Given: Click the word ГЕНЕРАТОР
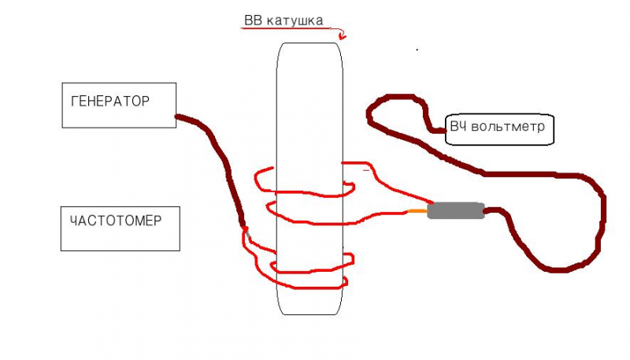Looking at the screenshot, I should (110, 102).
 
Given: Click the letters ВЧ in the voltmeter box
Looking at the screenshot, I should (458, 126).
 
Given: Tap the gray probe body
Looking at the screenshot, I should (456, 210).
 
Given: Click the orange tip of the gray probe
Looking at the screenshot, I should (417, 211).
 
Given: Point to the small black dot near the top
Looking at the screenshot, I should (417, 50).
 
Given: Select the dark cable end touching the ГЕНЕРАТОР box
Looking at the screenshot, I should (178, 117).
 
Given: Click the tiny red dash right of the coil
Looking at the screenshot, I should (365, 169).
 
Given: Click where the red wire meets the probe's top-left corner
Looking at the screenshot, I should (428, 204).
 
